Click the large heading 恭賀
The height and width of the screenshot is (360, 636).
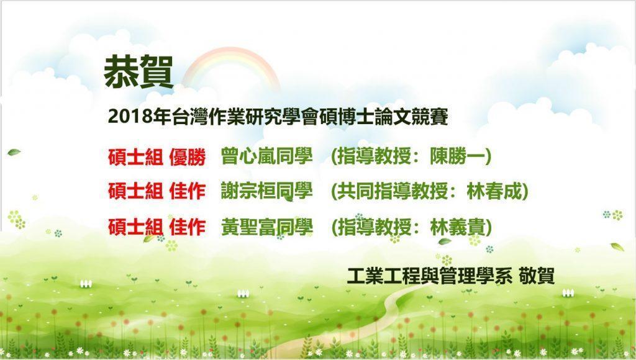[x=139, y=72]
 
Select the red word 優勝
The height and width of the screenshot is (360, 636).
[x=188, y=157]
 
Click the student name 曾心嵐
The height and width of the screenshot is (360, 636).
[x=248, y=156]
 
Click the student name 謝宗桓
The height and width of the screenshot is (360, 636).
[x=248, y=191]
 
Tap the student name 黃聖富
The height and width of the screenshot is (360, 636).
[x=248, y=227]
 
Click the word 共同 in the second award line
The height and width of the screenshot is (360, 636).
[x=355, y=191]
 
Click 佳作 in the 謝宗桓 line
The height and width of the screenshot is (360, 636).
[x=188, y=191]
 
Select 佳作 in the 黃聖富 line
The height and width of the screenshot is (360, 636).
[x=188, y=227]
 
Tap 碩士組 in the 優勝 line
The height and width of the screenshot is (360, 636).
[x=135, y=157]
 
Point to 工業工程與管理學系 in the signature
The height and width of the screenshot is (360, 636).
[x=430, y=276]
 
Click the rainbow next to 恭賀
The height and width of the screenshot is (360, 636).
[x=231, y=56]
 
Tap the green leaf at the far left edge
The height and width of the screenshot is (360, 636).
[x=14, y=153]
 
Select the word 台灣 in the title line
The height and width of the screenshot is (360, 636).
[x=190, y=117]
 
